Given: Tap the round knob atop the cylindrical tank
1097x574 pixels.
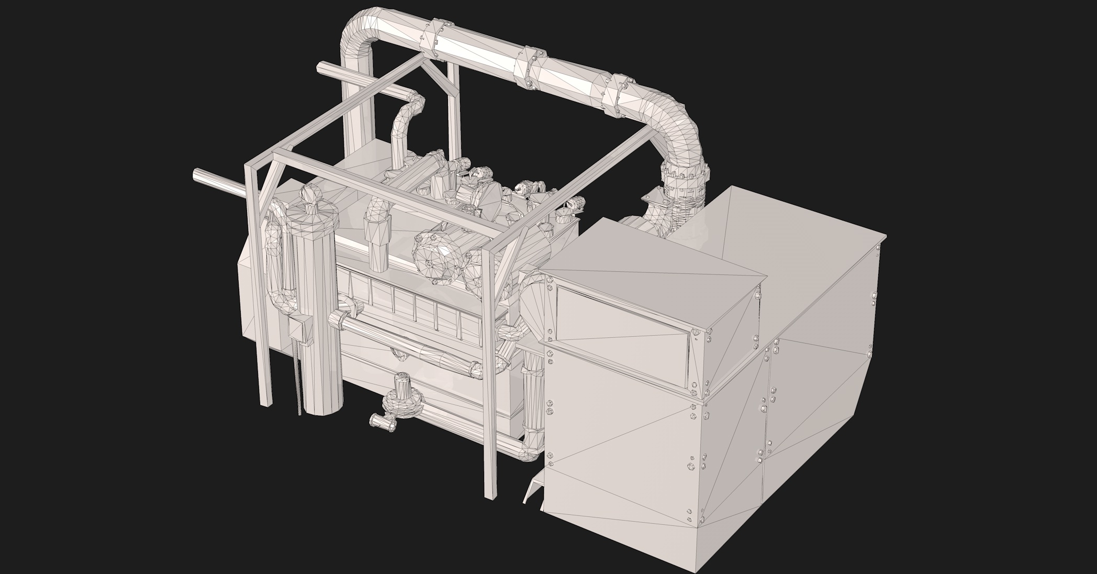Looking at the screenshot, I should (x=308, y=195).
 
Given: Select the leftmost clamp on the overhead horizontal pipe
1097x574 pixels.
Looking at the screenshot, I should (x=433, y=37).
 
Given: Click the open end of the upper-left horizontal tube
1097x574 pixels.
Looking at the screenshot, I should (x=320, y=69).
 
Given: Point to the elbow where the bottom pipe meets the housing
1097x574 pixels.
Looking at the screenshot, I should (x=529, y=450).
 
